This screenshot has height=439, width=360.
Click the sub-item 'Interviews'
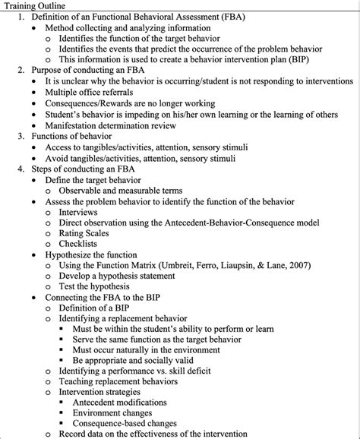click(81, 213)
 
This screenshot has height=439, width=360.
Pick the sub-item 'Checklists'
click(81, 246)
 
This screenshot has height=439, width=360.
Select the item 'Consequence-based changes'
click(131, 423)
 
